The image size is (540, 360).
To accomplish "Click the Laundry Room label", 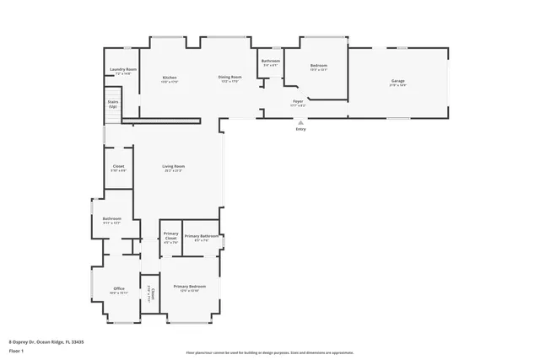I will pyautogui.click(x=122, y=69).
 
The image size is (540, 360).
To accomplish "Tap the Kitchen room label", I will pyautogui.click(x=170, y=78).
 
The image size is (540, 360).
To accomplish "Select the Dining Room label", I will pyautogui.click(x=229, y=78).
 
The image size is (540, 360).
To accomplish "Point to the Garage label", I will pyautogui.click(x=397, y=82).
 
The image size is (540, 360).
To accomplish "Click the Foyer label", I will pyautogui.click(x=298, y=101).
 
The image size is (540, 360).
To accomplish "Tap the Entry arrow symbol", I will pyautogui.click(x=300, y=122).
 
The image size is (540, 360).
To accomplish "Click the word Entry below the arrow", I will pyautogui.click(x=300, y=129).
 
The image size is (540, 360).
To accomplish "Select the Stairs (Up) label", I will pyautogui.click(x=112, y=105).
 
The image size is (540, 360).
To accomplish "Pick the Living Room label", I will pyautogui.click(x=174, y=166).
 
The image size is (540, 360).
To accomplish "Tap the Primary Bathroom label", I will pyautogui.click(x=201, y=236).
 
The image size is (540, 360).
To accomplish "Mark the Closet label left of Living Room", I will pyautogui.click(x=118, y=166).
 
